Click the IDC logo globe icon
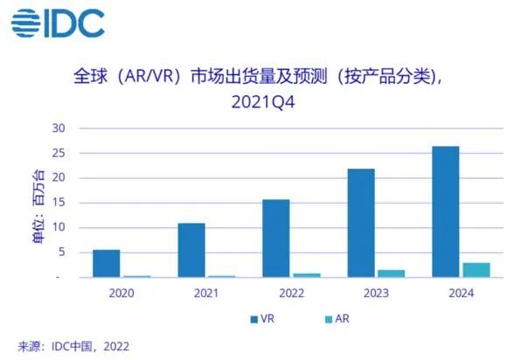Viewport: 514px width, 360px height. tap(25, 23)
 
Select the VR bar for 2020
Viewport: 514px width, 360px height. tap(107, 264)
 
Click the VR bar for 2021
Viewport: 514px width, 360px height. tap(191, 250)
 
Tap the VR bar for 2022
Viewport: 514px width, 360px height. tap(276, 239)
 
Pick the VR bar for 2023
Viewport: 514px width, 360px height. tap(361, 223)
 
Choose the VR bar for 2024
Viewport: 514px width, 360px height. tap(446, 212)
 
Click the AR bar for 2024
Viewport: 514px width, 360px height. tap(476, 270)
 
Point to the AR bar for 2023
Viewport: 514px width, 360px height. tap(392, 273)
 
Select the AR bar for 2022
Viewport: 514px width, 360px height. tap(307, 275)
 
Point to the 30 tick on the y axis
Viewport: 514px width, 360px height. tap(59, 128)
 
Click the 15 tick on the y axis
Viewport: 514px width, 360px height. tap(59, 202)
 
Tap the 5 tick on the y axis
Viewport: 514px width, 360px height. tap(62, 252)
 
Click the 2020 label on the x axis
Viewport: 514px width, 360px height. tap(122, 293)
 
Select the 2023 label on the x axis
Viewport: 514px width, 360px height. tap(376, 293)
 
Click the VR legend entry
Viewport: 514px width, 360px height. tap(262, 319)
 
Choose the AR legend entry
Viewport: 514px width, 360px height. tap(337, 319)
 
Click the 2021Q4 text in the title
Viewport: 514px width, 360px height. tap(263, 102)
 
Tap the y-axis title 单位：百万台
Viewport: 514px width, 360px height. tap(38, 207)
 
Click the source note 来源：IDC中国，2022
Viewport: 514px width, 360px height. tap(73, 346)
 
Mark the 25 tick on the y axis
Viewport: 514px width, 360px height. tap(59, 153)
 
